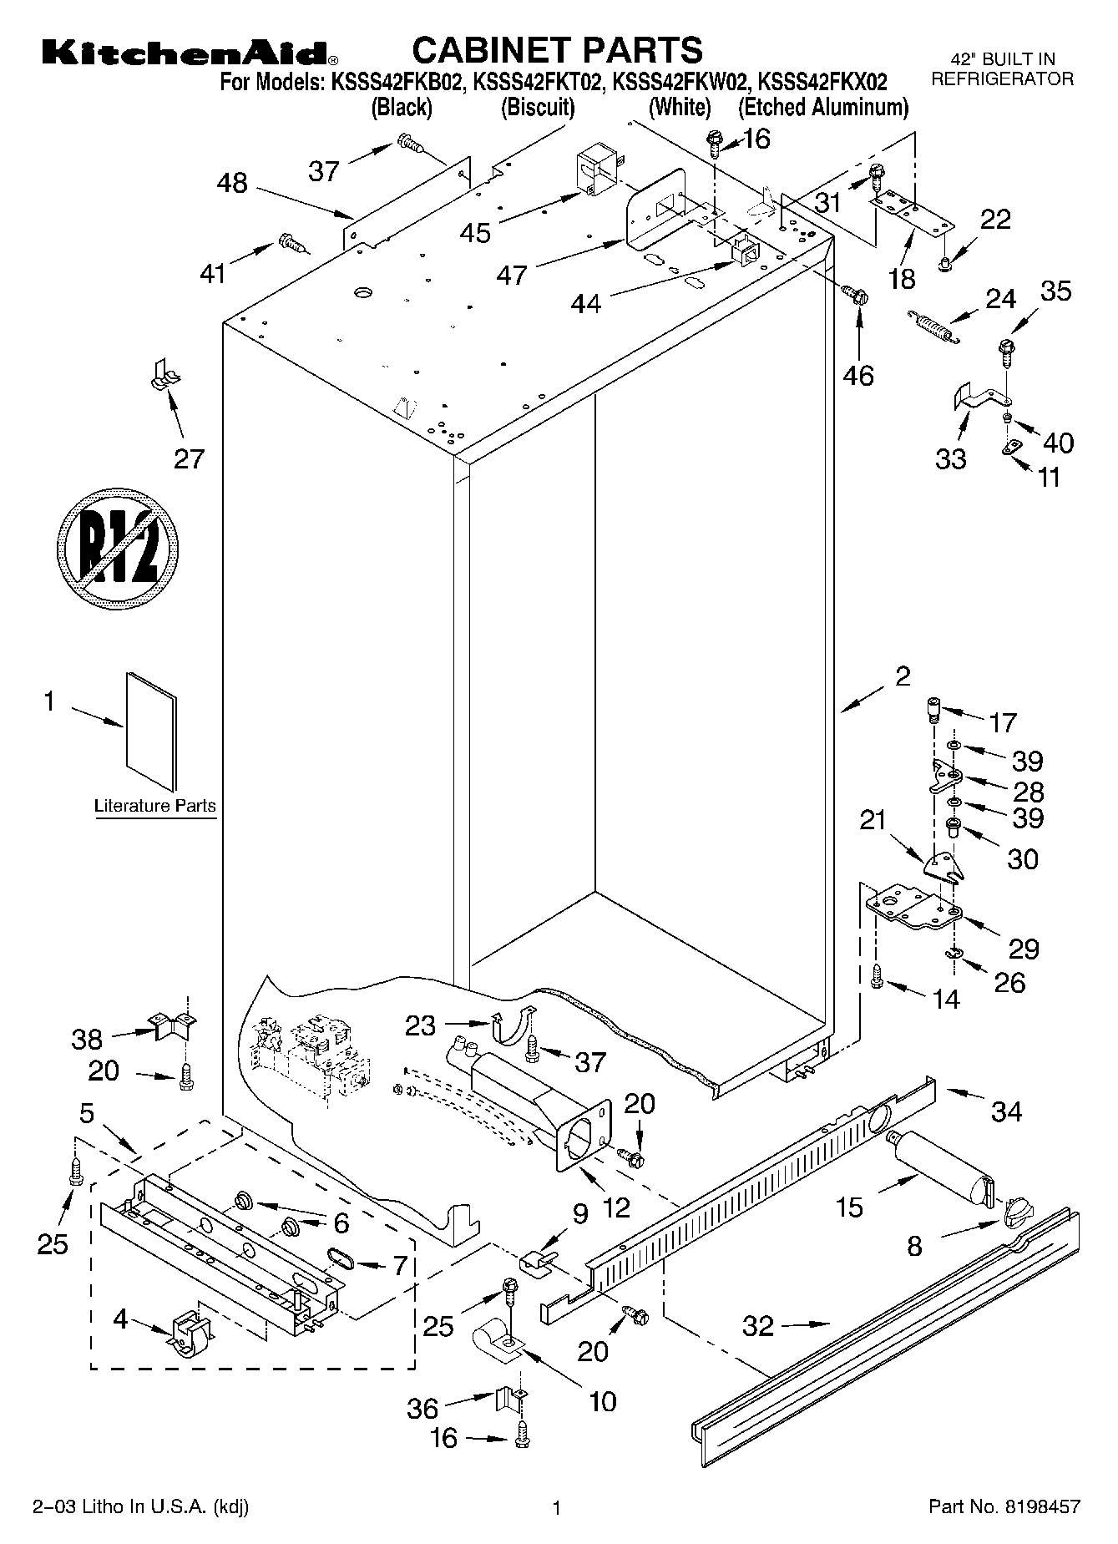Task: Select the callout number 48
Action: click(232, 182)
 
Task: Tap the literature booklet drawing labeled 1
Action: click(151, 731)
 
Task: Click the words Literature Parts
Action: click(154, 807)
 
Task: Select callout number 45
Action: click(476, 231)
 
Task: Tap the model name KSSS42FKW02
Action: click(680, 82)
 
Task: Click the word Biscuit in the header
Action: click(538, 107)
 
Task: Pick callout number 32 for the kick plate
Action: click(758, 1325)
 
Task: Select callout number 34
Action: click(1006, 1111)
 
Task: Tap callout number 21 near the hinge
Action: click(873, 821)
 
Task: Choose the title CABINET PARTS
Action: click(557, 49)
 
